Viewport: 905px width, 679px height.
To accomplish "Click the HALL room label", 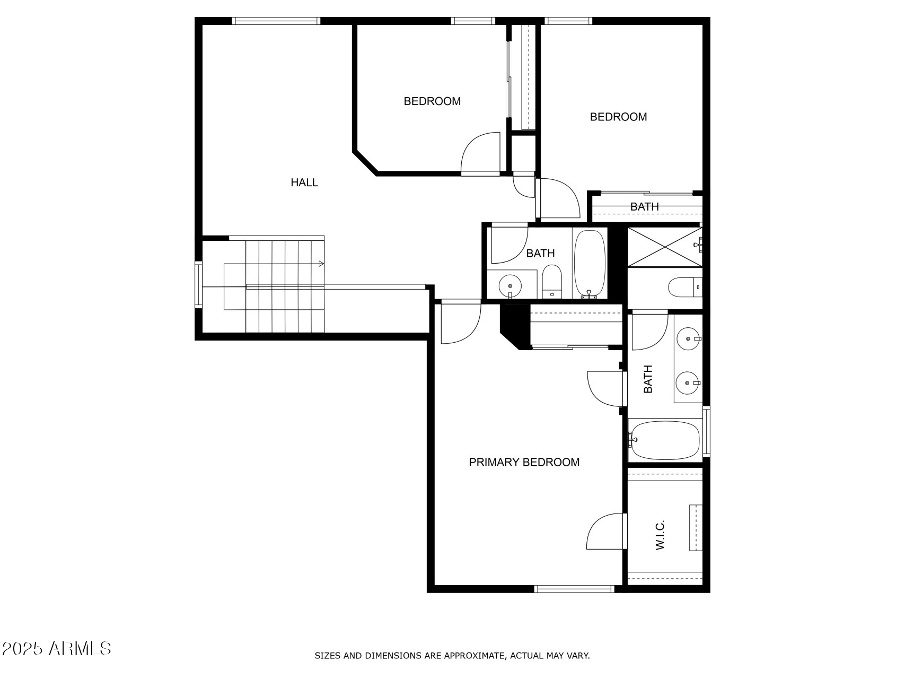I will [x=304, y=182].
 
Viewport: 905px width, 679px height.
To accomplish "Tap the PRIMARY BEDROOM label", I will [x=524, y=462].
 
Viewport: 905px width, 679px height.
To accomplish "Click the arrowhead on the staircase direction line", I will [x=321, y=264].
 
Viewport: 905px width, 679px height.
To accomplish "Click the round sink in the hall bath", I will [x=510, y=286].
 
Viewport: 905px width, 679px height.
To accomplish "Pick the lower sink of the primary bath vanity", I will [x=687, y=382].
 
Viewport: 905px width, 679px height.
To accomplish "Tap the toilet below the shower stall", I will [x=683, y=288].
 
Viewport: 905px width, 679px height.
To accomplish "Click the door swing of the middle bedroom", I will [x=480, y=154].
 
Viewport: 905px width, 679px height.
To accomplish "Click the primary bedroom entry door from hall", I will [x=460, y=322].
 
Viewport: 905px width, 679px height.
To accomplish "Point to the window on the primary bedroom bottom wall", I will [x=574, y=588].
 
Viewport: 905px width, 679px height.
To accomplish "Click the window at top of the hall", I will [x=276, y=21].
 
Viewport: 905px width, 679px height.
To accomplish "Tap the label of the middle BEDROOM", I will [x=432, y=101].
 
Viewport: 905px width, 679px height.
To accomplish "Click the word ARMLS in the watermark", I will [x=80, y=649].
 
